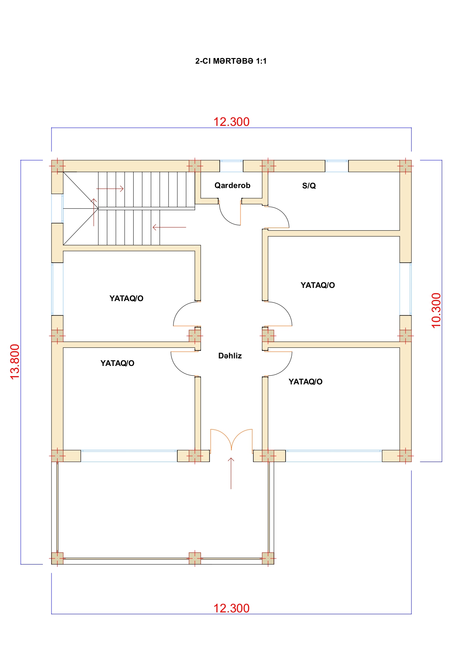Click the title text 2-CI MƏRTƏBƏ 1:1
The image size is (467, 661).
coord(231,61)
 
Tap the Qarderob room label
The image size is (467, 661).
coord(232,185)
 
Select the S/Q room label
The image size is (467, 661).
coord(309,185)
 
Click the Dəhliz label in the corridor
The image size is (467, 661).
coord(230,356)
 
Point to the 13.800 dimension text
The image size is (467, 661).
coord(15,362)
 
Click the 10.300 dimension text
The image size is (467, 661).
coord(436,311)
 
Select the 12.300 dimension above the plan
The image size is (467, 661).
coord(231,122)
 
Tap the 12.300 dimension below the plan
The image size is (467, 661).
coord(231,608)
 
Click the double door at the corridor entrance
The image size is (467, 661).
coord(231,440)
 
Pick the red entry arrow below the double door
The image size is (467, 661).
coord(231,473)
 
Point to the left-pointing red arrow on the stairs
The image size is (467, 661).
coord(169,227)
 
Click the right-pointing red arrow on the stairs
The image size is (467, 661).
coord(110,188)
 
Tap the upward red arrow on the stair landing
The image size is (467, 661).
coord(94,212)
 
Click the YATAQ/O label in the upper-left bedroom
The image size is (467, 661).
coord(126,298)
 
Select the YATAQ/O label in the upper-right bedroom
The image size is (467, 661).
coord(318,285)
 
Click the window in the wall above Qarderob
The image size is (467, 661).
coord(231,166)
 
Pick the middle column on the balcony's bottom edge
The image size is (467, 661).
coord(195,558)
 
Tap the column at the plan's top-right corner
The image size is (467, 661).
coord(405,166)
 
